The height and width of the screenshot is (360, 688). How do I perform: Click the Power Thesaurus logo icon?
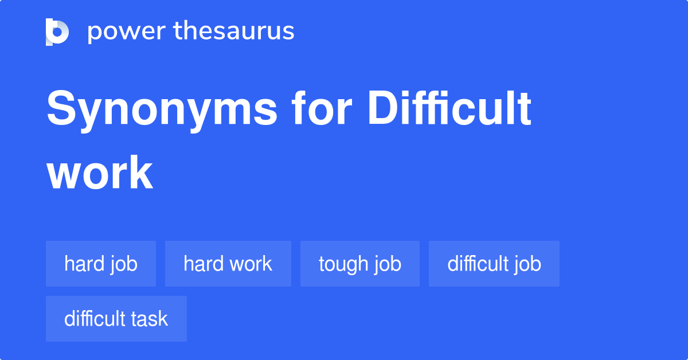(57, 32)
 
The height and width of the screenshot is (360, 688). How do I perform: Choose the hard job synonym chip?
(101, 264)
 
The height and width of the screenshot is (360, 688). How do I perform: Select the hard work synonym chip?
(228, 264)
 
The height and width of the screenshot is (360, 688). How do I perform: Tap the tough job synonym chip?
(360, 264)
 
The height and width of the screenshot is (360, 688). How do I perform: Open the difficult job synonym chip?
(494, 264)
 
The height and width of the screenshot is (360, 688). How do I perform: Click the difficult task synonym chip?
(116, 319)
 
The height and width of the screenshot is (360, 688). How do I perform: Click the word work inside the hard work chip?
(249, 264)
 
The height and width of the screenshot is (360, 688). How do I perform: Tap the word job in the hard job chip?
(124, 264)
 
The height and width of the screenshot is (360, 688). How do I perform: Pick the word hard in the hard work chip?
(202, 264)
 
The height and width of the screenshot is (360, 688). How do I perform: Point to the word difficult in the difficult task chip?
(96, 319)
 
